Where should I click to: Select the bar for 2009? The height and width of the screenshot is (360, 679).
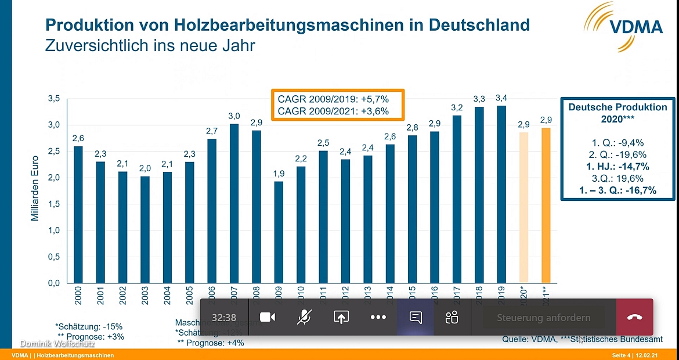pyautogui.click(x=279, y=232)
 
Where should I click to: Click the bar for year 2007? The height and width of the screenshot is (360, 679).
pyautogui.click(x=234, y=203)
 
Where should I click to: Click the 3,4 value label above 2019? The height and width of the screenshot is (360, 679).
pyautogui.click(x=501, y=98)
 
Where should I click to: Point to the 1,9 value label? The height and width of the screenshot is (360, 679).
pyautogui.click(x=279, y=174)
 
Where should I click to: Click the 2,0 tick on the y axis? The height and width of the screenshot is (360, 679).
pyautogui.click(x=53, y=178)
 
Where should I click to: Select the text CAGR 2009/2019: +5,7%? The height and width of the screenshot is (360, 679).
pyautogui.click(x=333, y=99)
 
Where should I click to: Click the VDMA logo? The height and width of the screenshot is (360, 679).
pyautogui.click(x=624, y=23)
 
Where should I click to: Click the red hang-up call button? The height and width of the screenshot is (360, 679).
pyautogui.click(x=634, y=317)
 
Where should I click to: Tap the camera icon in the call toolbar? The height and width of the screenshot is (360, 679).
pyautogui.click(x=267, y=317)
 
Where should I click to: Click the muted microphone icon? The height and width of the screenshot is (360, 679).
pyautogui.click(x=304, y=317)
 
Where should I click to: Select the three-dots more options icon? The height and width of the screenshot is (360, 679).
pyautogui.click(x=378, y=317)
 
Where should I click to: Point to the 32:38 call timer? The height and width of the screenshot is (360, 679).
pyautogui.click(x=224, y=318)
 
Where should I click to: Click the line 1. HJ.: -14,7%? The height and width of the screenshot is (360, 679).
pyautogui.click(x=617, y=167)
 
